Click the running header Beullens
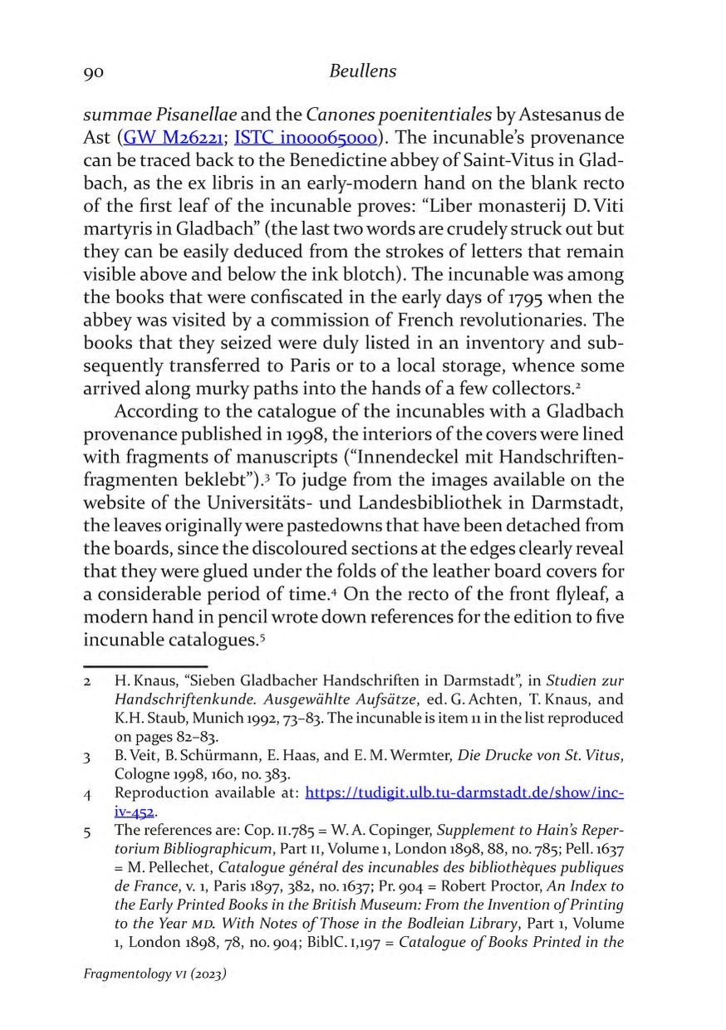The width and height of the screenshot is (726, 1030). tap(362, 71)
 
